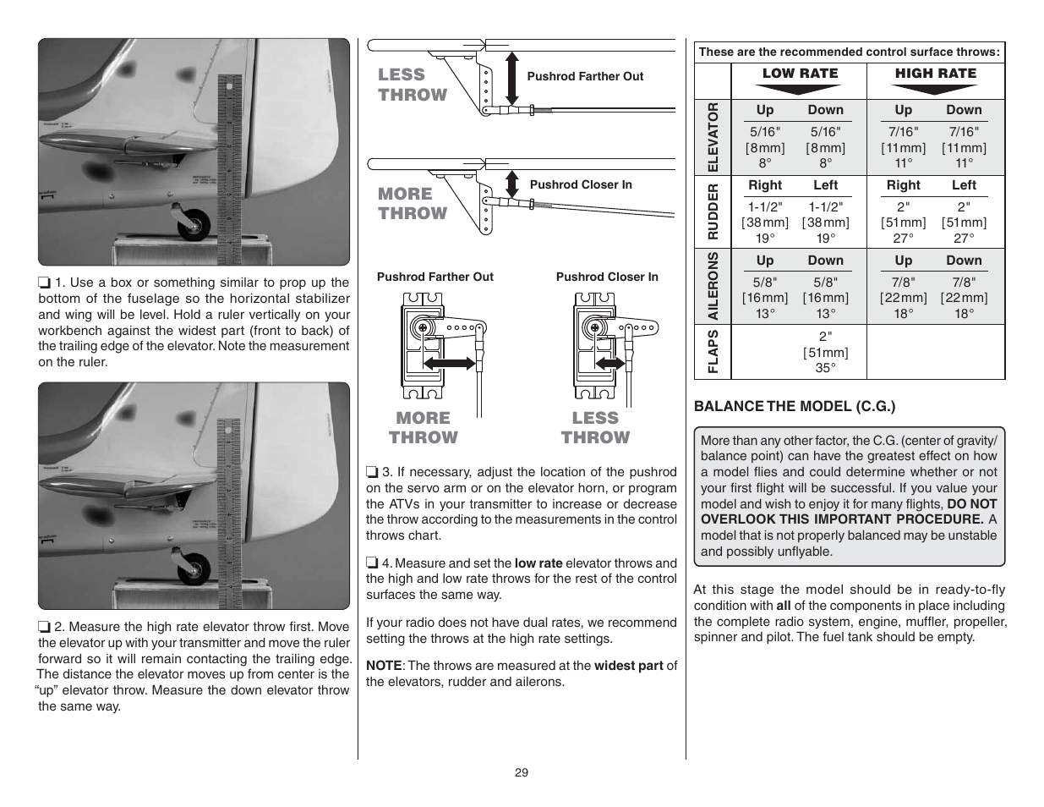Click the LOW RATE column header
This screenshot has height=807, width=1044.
800,74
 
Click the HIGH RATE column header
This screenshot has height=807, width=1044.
935,74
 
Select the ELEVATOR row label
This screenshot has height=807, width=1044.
713,136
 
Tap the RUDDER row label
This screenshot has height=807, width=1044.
713,211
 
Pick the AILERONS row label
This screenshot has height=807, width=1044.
713,286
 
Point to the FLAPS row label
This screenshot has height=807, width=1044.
713,351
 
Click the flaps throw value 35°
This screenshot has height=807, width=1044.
825,368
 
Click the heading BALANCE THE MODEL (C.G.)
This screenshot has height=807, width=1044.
794,406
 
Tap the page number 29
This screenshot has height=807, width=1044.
522,772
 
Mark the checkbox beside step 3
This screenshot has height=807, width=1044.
372,473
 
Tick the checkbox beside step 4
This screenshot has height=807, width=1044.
372,563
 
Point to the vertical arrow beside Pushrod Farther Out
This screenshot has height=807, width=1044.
511,77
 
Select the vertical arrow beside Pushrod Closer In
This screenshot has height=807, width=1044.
511,184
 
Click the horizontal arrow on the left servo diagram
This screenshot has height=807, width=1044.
448,363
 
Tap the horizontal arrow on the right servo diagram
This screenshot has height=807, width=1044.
605,363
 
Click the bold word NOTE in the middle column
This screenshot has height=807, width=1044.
382,666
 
